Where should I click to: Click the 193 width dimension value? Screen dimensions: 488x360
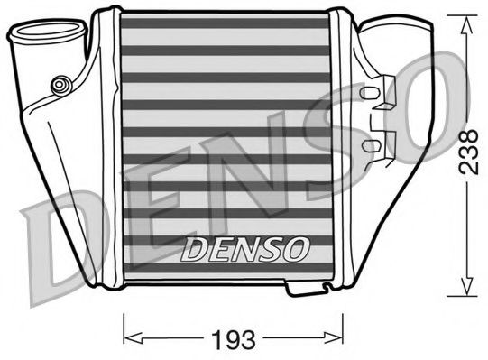[x=233, y=340]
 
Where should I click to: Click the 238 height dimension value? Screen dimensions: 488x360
[x=468, y=152]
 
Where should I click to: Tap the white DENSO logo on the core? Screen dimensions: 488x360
[x=245, y=249]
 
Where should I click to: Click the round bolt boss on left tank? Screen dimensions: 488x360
[x=59, y=85]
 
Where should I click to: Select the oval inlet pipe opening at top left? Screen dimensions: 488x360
[x=48, y=29]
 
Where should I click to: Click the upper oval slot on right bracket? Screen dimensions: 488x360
[x=369, y=92]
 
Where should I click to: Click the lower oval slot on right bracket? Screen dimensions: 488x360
[x=370, y=144]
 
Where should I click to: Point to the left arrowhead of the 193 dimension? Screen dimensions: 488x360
[x=133, y=337]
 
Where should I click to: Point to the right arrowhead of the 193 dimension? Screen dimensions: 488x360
[x=333, y=337]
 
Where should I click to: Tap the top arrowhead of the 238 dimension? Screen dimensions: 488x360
[x=466, y=24]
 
